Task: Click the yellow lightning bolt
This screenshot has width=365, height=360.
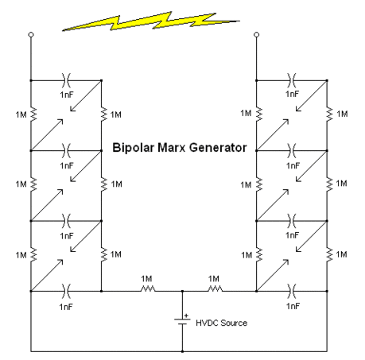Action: point(151,21)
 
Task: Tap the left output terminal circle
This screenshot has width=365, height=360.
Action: point(31,35)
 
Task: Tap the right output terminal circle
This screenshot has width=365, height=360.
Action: point(256,35)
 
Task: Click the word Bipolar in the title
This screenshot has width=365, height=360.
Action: point(133,148)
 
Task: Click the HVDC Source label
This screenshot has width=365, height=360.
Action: point(221,323)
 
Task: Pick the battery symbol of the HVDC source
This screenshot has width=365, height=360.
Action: point(182,322)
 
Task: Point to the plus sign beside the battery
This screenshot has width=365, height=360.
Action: point(186,315)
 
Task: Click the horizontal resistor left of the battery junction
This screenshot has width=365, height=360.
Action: point(148,288)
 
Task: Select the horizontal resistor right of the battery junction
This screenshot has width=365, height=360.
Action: point(215,288)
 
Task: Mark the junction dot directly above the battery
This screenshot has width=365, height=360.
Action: point(182,291)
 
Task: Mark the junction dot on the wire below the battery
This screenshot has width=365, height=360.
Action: point(182,351)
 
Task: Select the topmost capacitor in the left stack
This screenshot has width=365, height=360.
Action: point(66,80)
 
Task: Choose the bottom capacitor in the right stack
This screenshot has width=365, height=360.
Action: point(292,291)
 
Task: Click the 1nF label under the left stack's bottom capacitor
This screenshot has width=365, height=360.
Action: point(66,307)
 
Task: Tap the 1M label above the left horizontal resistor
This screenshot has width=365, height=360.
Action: point(146,279)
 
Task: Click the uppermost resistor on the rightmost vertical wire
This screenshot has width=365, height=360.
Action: point(329,114)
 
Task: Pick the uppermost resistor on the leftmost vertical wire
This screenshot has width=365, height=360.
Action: point(33,114)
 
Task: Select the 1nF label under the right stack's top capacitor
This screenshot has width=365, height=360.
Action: point(292,94)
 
